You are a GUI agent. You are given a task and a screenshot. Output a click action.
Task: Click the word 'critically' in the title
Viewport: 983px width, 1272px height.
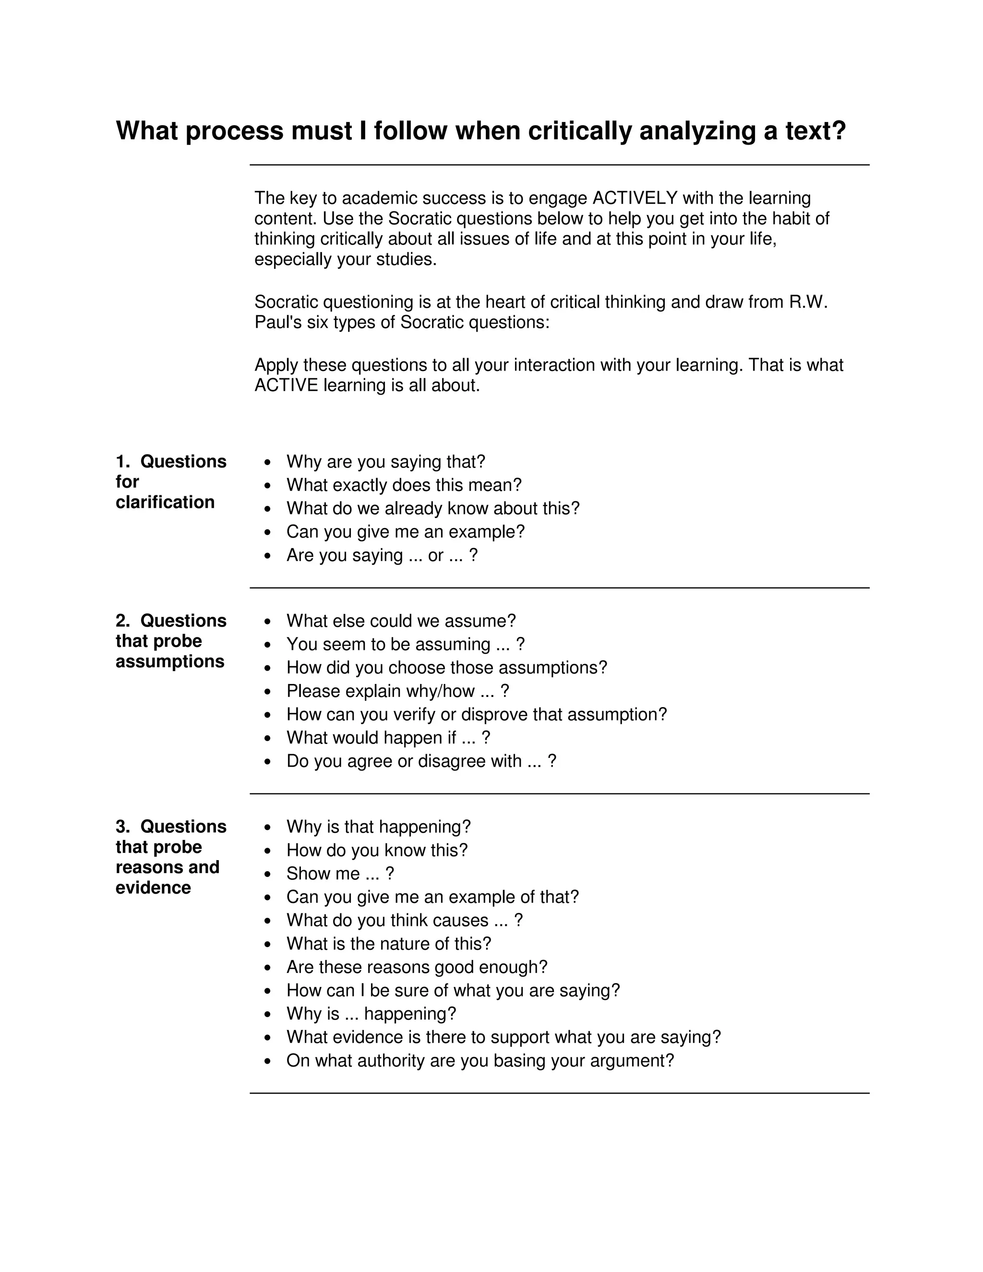(x=579, y=131)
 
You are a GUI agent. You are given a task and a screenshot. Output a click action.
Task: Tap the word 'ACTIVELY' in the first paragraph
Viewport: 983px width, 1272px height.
(x=635, y=198)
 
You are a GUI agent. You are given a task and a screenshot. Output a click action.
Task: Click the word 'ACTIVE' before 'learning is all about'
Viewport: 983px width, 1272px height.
(x=286, y=385)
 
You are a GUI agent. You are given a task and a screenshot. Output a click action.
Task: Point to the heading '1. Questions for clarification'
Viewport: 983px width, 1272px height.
(x=170, y=481)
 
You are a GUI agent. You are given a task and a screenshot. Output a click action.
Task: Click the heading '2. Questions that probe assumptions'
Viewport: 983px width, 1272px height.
(x=170, y=641)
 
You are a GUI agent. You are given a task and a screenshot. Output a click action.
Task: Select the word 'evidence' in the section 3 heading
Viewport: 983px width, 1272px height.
(x=153, y=888)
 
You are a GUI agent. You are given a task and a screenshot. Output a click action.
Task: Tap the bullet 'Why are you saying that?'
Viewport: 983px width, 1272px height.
(x=385, y=462)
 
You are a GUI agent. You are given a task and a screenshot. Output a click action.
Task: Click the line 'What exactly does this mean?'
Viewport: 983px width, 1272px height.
(x=404, y=485)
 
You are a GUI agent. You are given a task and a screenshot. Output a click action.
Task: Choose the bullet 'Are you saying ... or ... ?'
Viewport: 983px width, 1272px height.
(x=382, y=555)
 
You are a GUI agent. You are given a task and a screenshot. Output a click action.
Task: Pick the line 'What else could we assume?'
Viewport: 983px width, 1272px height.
(x=401, y=621)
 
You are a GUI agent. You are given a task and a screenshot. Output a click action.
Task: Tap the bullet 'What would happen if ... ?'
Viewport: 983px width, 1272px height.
(x=388, y=737)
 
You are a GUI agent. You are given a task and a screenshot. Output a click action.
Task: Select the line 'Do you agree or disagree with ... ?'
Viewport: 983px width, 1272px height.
(x=421, y=761)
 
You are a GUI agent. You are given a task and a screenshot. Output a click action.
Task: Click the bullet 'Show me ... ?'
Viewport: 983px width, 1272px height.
(x=340, y=873)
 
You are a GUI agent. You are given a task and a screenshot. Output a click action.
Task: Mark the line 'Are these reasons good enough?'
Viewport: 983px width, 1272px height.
(x=416, y=967)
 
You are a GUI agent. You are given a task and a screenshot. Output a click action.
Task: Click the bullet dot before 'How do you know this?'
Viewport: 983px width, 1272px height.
(x=267, y=851)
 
